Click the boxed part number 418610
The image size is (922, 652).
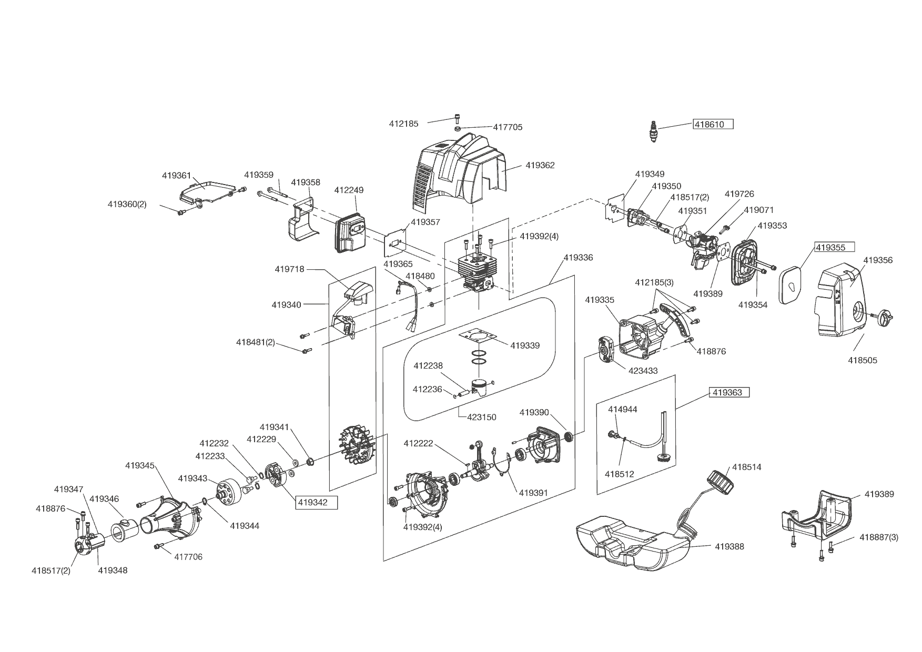713,125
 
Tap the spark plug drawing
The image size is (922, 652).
653,131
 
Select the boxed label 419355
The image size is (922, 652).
834,247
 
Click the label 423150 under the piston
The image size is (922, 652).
482,417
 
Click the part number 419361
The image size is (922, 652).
176,176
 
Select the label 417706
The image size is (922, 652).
188,557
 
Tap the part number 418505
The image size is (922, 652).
862,360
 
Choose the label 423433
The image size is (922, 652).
643,371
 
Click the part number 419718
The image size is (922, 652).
289,269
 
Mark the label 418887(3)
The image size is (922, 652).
879,537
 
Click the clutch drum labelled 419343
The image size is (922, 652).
230,493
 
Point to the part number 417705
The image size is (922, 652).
508,127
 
